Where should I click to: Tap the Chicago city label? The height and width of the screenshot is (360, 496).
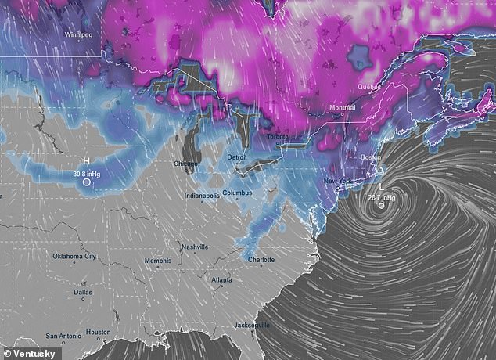pyautogui.click(x=185, y=164)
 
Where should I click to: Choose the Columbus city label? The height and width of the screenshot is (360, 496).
pyautogui.click(x=237, y=192)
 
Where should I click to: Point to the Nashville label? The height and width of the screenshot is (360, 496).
pyautogui.click(x=195, y=247)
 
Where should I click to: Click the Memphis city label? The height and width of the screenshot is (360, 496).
pyautogui.click(x=158, y=260)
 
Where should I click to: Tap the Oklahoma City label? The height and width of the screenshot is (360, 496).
pyautogui.click(x=74, y=256)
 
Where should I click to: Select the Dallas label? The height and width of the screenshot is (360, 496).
pyautogui.click(x=82, y=292)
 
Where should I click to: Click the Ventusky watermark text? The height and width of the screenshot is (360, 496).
pyautogui.click(x=27, y=351)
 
